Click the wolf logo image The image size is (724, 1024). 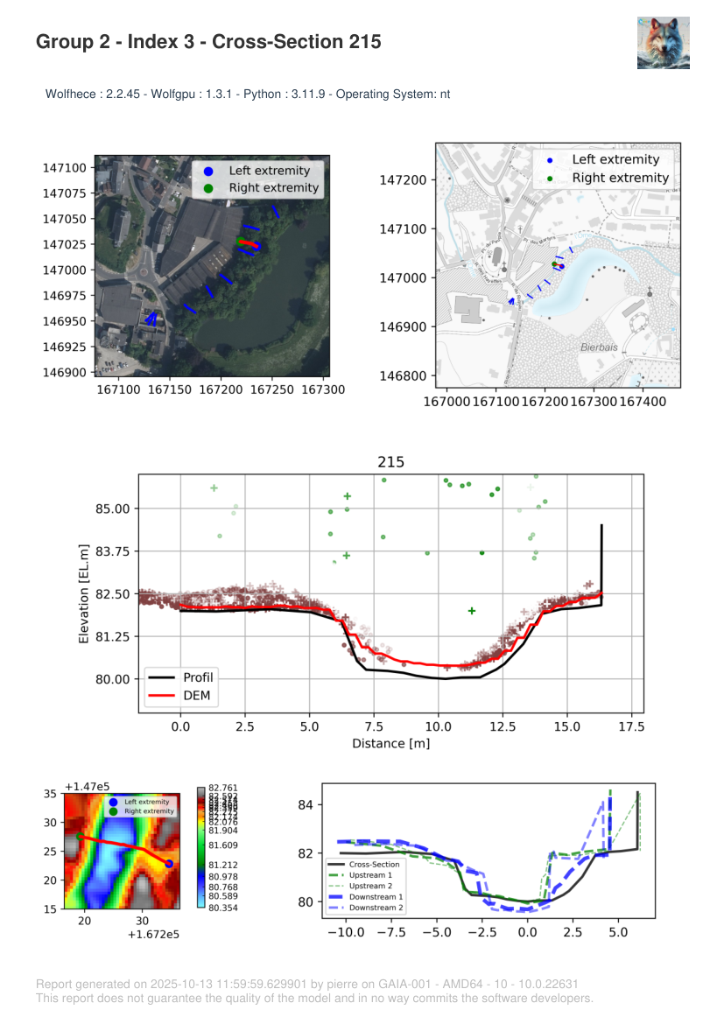663,43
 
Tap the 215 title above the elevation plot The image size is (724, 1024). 390,462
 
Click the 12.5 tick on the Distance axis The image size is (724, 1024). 503,726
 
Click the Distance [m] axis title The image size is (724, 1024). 390,744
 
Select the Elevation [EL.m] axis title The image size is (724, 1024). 84,593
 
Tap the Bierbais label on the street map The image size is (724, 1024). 600,347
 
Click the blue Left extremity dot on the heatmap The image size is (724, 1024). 169,864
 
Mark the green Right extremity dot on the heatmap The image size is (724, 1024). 81,837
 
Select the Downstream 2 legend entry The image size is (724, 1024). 377,908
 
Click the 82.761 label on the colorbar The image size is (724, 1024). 226,789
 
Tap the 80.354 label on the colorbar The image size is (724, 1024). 226,908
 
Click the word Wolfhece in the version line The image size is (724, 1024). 70,94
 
